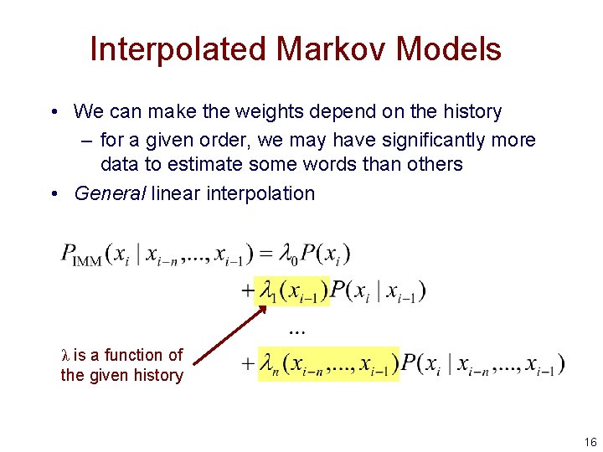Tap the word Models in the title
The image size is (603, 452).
[x=448, y=49]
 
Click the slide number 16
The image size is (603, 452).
[x=590, y=440]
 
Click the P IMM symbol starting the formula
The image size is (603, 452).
[x=80, y=255]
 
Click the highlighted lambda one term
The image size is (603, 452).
[x=292, y=291]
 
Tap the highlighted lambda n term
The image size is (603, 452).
[x=329, y=364]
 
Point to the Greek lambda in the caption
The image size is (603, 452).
[x=66, y=356]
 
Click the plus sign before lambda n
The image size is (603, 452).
[x=247, y=365]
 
